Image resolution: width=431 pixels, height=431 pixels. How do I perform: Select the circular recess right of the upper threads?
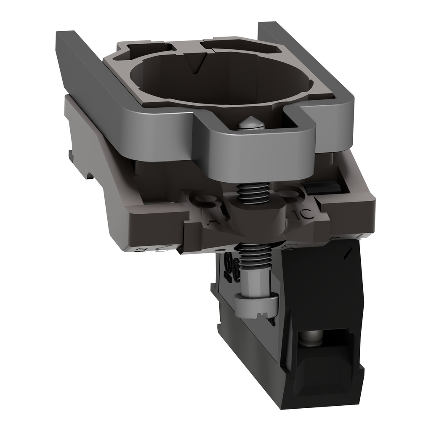point(290,194)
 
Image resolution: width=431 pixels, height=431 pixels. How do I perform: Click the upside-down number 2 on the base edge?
point(154,249)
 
